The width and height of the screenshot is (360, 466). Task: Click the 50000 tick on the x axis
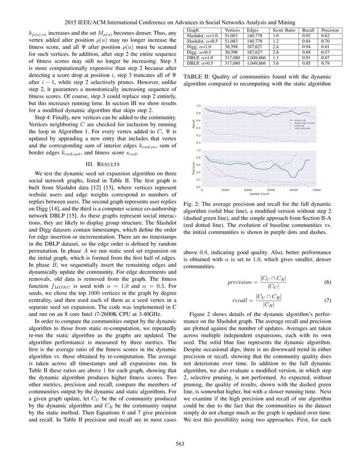tap(316, 190)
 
